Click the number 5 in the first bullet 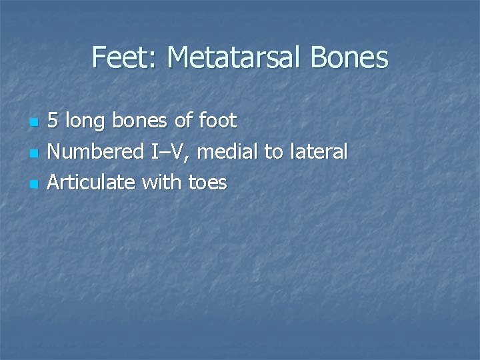click(53, 121)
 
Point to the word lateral click(318, 152)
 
